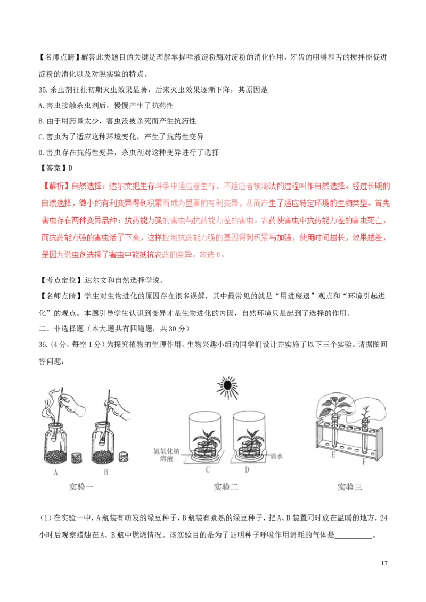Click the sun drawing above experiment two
228,387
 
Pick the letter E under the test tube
334,455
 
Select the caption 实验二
226,486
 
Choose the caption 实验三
350,486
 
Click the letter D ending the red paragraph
220,255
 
